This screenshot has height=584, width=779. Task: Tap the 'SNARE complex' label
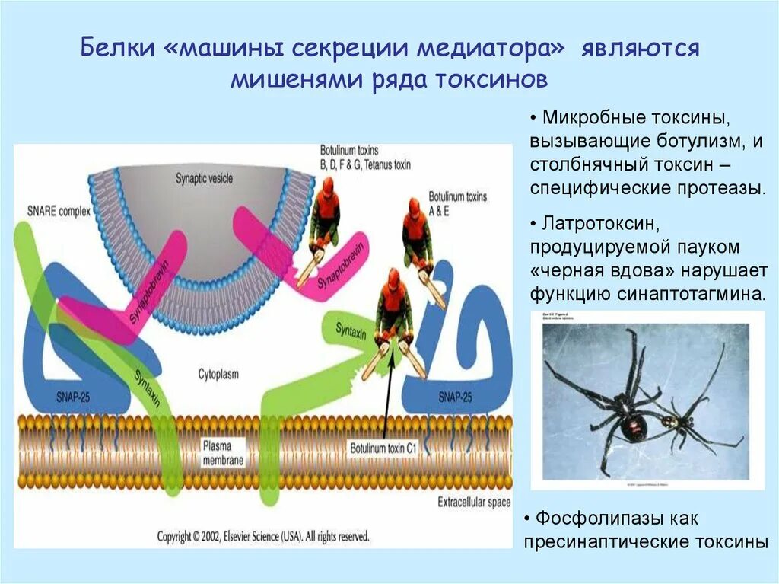58,209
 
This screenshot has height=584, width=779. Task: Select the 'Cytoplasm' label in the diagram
218,374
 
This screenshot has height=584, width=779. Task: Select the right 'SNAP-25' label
455,397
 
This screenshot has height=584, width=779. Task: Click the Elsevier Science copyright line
263,536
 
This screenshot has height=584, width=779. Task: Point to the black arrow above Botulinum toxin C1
386,396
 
